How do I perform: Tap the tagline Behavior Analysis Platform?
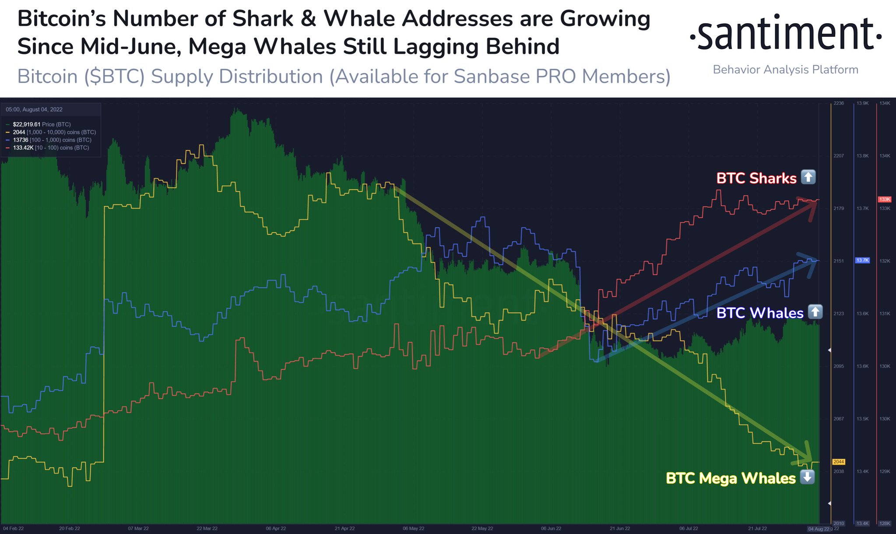pyautogui.click(x=785, y=70)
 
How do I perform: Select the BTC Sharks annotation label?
pyautogui.click(x=756, y=178)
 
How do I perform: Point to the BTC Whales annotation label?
pyautogui.click(x=760, y=313)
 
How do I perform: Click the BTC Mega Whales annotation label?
pyautogui.click(x=731, y=478)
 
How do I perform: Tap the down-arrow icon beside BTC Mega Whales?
pyautogui.click(x=808, y=477)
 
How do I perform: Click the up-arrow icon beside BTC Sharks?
pyautogui.click(x=808, y=177)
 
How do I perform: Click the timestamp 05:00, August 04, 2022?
pyautogui.click(x=34, y=110)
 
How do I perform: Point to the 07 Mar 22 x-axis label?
pyautogui.click(x=138, y=528)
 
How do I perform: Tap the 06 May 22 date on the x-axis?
pyautogui.click(x=413, y=528)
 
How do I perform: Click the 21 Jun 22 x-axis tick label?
pyautogui.click(x=620, y=528)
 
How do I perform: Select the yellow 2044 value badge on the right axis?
pyautogui.click(x=839, y=462)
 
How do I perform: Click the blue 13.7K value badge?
pyautogui.click(x=862, y=260)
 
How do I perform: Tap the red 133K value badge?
pyautogui.click(x=885, y=199)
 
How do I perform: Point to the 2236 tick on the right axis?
pyautogui.click(x=839, y=103)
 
